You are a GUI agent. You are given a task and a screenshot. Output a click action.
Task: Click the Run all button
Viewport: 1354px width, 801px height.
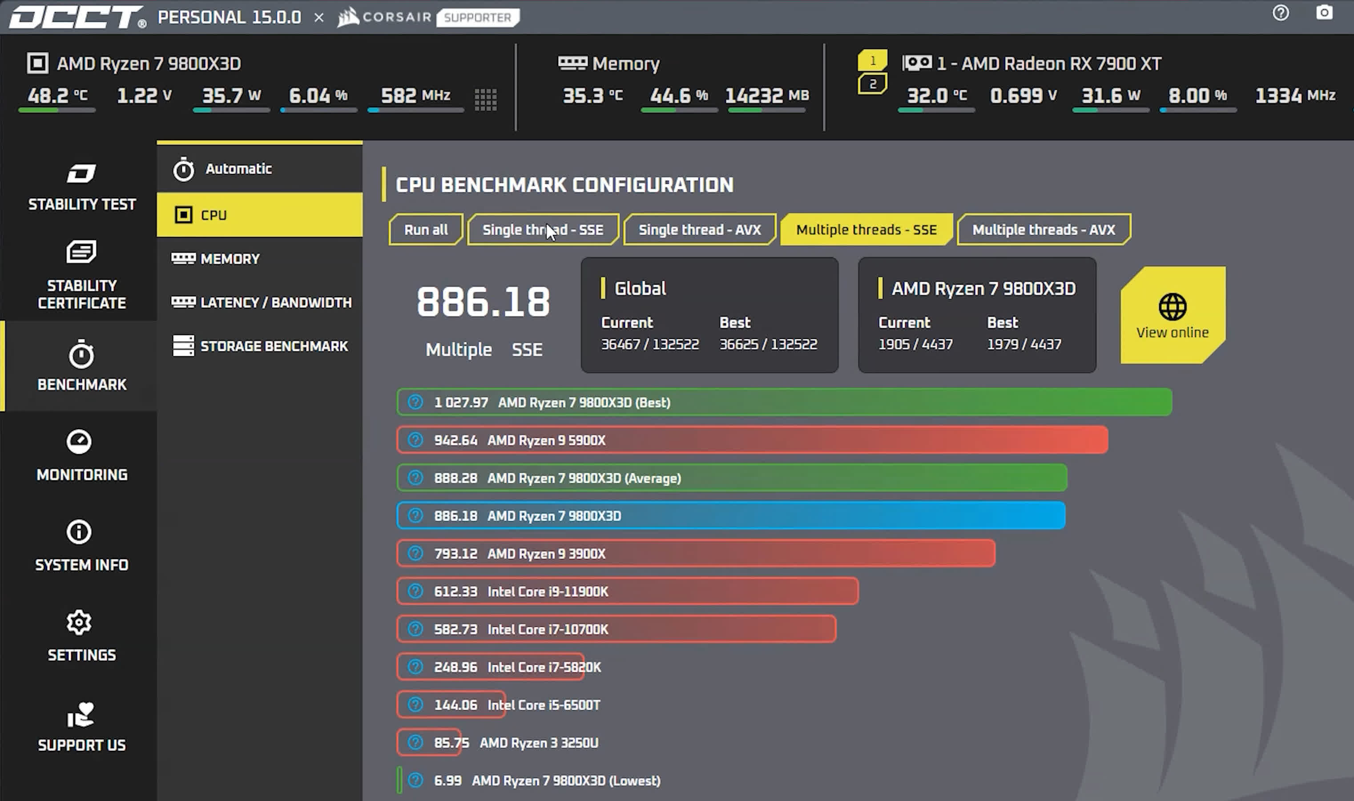[426, 230]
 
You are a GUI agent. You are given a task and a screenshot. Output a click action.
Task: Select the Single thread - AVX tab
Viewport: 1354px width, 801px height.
[699, 230]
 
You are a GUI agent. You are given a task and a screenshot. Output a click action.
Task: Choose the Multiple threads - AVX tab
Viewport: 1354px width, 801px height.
[1043, 230]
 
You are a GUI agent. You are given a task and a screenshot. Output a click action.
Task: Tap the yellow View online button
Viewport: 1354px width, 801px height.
[1172, 315]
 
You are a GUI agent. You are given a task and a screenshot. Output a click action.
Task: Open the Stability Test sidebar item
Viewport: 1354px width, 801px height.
[81, 187]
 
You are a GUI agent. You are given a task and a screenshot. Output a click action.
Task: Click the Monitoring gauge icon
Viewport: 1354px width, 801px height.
[79, 442]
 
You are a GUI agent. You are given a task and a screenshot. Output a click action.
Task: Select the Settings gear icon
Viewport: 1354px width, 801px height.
[79, 622]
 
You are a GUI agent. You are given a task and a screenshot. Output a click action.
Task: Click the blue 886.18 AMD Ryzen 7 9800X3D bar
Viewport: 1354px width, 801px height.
[731, 515]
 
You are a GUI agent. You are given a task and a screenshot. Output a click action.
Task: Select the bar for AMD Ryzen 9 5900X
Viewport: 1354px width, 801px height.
[752, 440]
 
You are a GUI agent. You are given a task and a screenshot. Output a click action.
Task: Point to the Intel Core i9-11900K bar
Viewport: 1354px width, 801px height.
[627, 591]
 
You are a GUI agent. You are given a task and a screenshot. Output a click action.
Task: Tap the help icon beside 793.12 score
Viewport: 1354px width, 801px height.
[415, 553]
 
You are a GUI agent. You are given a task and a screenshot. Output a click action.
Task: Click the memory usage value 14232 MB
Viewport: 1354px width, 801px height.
[766, 96]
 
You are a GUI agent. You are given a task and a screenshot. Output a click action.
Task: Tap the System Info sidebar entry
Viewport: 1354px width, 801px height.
[81, 546]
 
